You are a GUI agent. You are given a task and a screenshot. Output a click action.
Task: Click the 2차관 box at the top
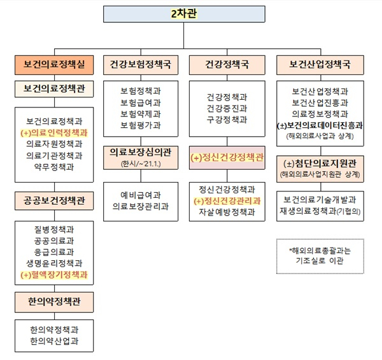[x=184, y=14]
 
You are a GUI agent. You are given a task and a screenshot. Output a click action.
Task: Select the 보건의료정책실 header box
[x=54, y=65]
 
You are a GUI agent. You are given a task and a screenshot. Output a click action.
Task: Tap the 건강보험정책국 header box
[x=141, y=65]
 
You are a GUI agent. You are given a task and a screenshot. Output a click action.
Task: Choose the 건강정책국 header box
[x=227, y=65]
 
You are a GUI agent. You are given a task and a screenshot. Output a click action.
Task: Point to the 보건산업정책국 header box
[x=320, y=65]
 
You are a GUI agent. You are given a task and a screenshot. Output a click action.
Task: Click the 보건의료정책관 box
[x=54, y=89]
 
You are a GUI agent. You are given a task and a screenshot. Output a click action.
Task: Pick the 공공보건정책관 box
[x=54, y=201]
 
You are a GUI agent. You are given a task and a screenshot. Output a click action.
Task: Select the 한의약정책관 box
[x=54, y=302]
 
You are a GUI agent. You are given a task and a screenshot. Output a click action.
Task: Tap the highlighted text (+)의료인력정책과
[x=54, y=133]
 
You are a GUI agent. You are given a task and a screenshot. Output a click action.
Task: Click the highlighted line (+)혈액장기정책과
[x=54, y=275]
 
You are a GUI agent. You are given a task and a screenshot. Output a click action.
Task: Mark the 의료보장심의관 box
[x=141, y=158]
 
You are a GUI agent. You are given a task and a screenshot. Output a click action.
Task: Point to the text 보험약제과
[x=141, y=114]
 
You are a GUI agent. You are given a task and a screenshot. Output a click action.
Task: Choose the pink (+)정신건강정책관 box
[x=227, y=158]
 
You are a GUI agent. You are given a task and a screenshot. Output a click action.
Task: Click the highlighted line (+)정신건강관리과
[x=227, y=201]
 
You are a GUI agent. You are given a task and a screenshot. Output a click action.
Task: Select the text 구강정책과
[x=227, y=120]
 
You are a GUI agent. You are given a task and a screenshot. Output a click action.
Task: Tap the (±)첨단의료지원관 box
[x=320, y=169]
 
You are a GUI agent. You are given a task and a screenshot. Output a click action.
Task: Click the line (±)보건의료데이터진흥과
[x=320, y=125]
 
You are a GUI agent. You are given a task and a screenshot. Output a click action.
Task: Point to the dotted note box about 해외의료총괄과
[x=320, y=256]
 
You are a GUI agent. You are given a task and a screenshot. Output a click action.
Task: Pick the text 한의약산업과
[x=54, y=342]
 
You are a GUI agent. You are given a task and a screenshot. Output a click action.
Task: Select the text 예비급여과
[x=141, y=195]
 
